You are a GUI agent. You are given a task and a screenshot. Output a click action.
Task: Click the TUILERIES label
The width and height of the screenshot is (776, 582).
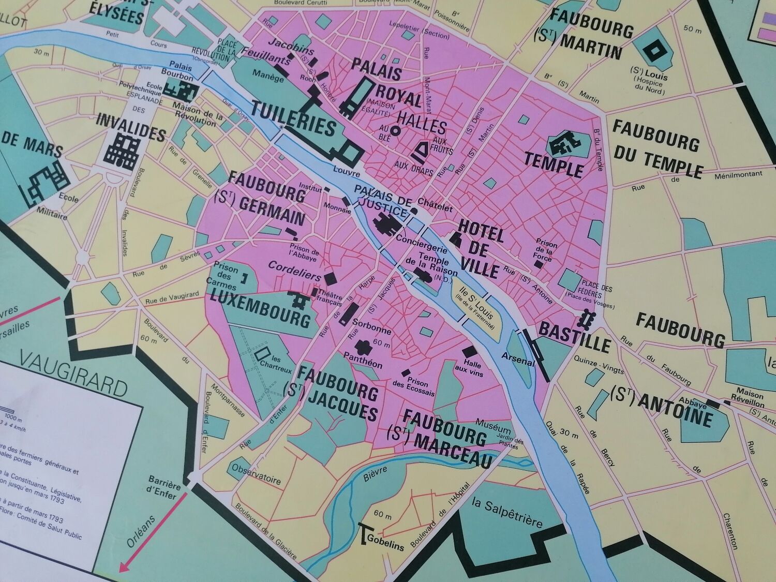pyautogui.click(x=293, y=118)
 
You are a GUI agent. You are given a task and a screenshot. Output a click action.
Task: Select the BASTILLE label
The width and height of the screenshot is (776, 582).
pyautogui.click(x=575, y=336)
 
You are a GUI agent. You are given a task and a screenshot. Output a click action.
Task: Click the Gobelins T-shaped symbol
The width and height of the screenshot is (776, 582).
pyautogui.click(x=365, y=532)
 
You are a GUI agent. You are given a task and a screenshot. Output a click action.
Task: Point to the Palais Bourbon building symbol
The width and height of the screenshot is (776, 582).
pyautogui.click(x=184, y=92)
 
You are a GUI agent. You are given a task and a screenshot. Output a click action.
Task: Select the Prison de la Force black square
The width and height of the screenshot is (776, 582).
pyautogui.click(x=539, y=263)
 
